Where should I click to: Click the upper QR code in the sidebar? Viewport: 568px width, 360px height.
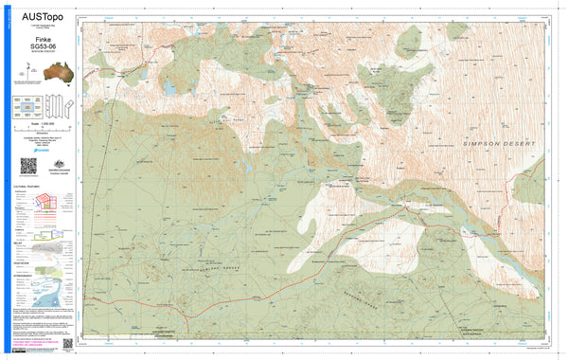(28, 166)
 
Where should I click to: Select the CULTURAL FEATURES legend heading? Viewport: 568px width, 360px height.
(27, 188)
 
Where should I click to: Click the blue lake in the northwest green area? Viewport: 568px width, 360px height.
(169, 86)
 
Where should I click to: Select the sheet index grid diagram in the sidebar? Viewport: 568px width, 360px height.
(27, 106)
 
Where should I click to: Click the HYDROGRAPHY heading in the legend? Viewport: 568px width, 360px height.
(25, 276)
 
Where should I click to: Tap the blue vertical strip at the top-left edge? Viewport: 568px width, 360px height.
(4, 38)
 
